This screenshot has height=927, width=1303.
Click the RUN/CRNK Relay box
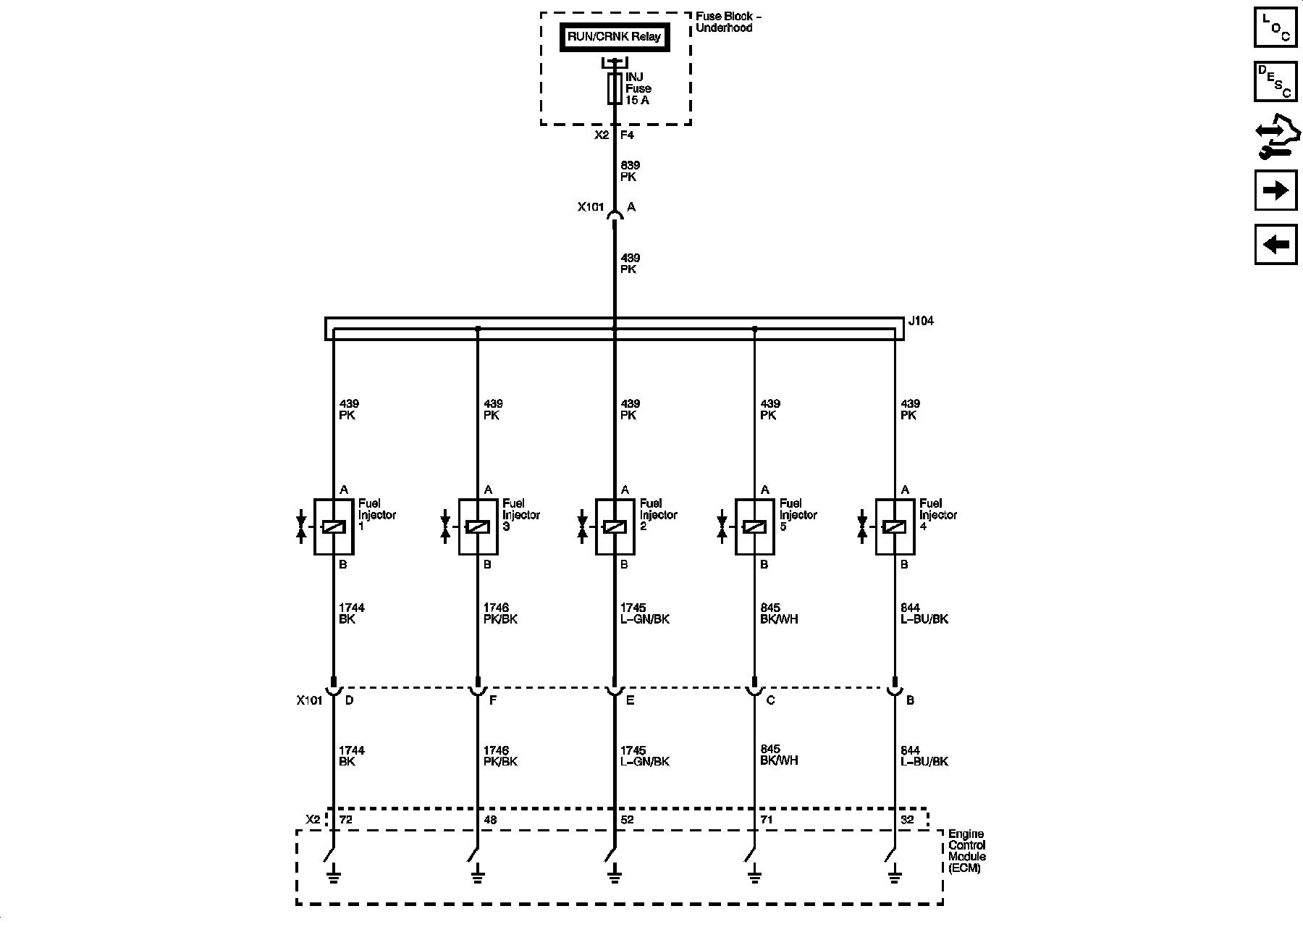(x=614, y=37)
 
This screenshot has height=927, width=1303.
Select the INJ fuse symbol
(x=615, y=88)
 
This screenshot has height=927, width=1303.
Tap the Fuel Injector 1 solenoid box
(x=333, y=527)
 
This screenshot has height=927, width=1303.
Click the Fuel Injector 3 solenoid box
(x=478, y=527)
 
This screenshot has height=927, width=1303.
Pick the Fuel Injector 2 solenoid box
(x=615, y=527)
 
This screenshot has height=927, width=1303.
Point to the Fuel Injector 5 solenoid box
(x=754, y=527)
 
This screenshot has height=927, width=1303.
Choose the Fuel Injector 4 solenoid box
(x=895, y=527)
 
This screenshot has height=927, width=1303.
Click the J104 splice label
(x=921, y=321)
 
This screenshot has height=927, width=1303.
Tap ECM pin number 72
(x=346, y=819)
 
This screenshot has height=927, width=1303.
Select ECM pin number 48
(x=490, y=819)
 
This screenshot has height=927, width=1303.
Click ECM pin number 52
(x=627, y=819)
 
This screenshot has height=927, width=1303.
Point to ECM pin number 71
(x=767, y=819)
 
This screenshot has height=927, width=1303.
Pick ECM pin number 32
(x=907, y=819)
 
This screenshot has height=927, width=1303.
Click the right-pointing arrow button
(x=1275, y=190)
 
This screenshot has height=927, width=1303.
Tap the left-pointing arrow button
(x=1275, y=244)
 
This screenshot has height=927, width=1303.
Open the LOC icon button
(x=1275, y=27)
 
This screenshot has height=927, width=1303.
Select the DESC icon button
(x=1275, y=81)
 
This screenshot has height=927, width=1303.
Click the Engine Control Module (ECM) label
(x=967, y=851)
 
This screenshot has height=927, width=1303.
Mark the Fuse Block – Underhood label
(x=728, y=22)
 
